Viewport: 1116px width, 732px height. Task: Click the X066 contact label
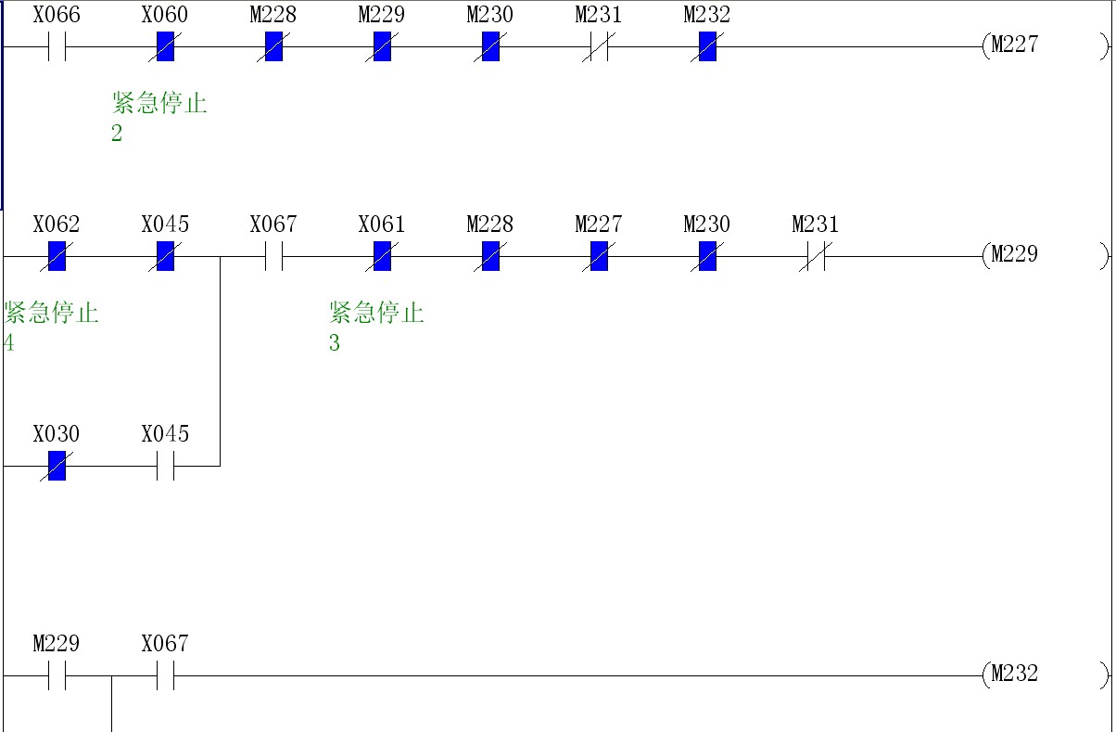click(57, 16)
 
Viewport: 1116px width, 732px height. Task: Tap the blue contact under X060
click(165, 46)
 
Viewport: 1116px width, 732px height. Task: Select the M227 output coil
click(1014, 45)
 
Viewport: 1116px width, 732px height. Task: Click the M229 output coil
click(1014, 255)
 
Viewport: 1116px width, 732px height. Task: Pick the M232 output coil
click(1014, 674)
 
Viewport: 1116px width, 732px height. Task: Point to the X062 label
click(57, 225)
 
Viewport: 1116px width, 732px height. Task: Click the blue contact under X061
click(382, 256)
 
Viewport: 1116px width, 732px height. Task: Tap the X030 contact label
click(57, 435)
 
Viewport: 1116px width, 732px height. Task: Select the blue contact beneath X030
click(57, 466)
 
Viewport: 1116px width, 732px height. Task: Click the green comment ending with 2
click(159, 117)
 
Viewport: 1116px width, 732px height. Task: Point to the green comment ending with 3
click(375, 327)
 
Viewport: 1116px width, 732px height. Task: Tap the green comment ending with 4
click(50, 327)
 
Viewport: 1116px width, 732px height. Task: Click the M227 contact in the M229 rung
click(599, 256)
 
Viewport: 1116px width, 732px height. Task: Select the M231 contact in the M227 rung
click(599, 46)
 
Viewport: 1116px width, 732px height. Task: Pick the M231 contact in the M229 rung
click(816, 256)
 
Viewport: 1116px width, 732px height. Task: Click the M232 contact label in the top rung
click(706, 16)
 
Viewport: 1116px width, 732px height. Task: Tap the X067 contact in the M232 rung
click(165, 675)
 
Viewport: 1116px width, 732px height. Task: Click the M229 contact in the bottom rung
click(57, 675)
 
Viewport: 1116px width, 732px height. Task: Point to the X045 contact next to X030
click(165, 466)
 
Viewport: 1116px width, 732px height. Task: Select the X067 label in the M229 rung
click(273, 225)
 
